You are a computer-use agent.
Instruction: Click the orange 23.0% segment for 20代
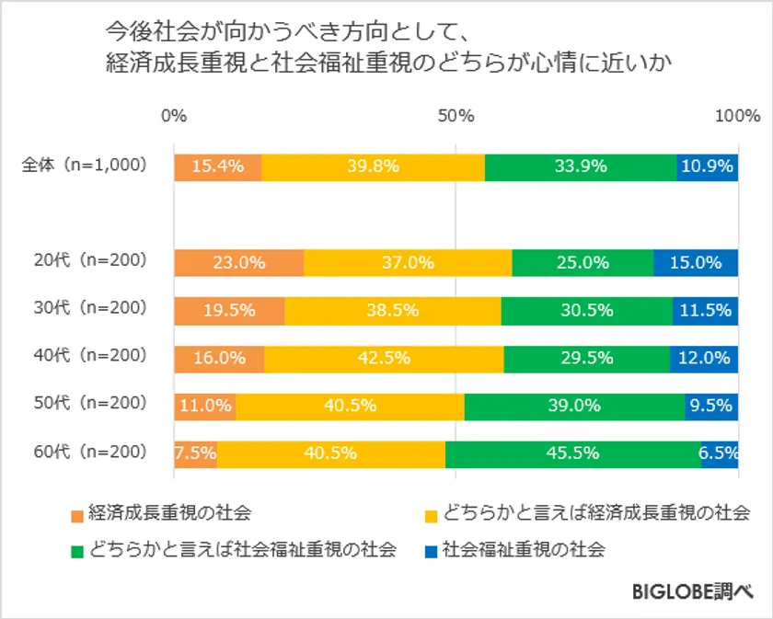[x=238, y=262]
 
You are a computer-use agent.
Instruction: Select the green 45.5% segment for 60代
[x=572, y=453]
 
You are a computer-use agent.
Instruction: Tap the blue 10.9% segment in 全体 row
[x=708, y=166]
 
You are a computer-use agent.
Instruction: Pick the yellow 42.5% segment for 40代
[x=384, y=358]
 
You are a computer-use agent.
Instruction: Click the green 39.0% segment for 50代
[x=574, y=406]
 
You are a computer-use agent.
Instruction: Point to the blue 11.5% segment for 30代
[x=705, y=310]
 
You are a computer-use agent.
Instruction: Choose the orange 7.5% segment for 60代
[x=195, y=453]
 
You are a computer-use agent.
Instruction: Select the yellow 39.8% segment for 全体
[x=374, y=166]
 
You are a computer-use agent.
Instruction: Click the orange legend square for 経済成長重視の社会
[x=76, y=513]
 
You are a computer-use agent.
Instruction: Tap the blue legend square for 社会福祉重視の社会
[x=431, y=551]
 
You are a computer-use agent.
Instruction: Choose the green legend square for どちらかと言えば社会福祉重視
[x=76, y=551]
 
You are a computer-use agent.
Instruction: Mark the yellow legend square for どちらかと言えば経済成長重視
[x=431, y=513]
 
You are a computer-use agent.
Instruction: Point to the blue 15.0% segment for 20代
[x=696, y=262]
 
